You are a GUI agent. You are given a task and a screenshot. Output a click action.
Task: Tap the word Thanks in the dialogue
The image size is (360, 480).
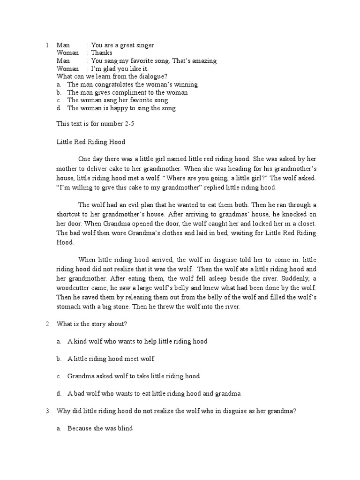[x=101, y=53]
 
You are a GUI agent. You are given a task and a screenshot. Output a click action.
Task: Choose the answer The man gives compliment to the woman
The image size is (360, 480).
[x=127, y=92]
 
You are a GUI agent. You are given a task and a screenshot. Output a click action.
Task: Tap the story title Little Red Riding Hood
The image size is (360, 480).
[x=91, y=142]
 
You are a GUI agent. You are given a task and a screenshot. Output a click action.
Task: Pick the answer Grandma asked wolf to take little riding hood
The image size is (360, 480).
[x=133, y=376]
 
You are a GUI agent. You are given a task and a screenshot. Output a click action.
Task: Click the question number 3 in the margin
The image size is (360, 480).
[x=48, y=411]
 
